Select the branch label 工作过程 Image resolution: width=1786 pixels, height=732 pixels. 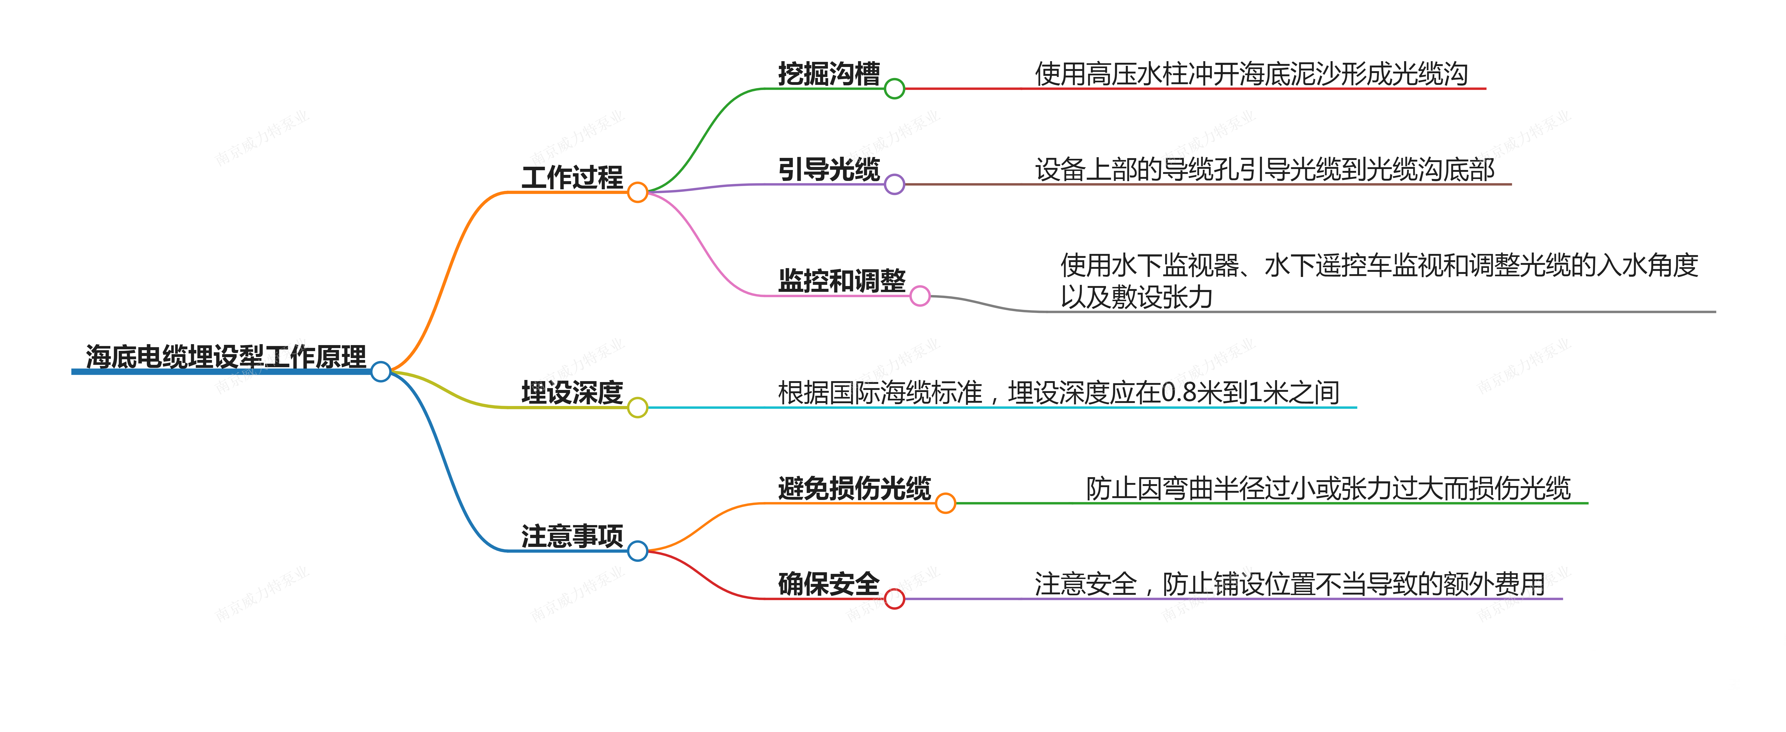point(572,177)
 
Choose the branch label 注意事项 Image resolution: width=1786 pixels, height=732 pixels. point(572,536)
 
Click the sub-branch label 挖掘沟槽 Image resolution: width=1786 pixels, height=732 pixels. point(829,73)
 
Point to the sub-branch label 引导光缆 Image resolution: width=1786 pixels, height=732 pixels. point(829,169)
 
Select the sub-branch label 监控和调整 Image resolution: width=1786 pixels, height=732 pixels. point(842,281)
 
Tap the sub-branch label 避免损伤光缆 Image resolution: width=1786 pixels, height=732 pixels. point(854,488)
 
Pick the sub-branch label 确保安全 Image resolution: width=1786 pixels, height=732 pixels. point(829,584)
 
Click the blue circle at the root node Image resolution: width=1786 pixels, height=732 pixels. point(381,372)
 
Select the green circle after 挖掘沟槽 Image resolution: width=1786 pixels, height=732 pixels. point(894,89)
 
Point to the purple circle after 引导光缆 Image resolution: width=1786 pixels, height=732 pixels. point(894,184)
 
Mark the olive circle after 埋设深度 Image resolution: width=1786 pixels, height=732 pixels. point(637,408)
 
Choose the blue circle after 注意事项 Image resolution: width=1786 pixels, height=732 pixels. point(637,551)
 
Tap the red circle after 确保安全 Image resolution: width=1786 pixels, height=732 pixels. point(894,599)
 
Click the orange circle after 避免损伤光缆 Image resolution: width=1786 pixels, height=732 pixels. point(945,503)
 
